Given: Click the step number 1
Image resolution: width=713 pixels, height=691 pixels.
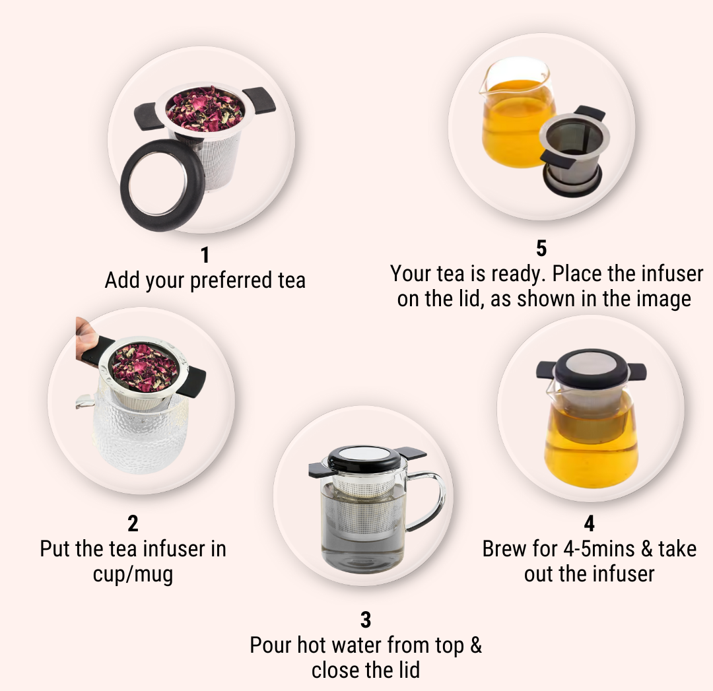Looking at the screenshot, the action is [x=205, y=255].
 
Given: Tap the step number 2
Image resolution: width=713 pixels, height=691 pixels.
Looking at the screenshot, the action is [x=133, y=524].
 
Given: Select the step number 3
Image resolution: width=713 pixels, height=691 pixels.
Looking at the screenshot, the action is [x=366, y=620].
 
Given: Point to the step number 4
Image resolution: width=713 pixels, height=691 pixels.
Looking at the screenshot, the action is [x=590, y=524].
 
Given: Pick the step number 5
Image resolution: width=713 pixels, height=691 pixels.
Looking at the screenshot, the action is [x=541, y=249].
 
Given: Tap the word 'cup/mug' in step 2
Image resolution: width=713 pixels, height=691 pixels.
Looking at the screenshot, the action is [x=133, y=574].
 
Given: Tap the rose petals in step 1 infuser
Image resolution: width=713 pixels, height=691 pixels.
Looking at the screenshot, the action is [x=205, y=109].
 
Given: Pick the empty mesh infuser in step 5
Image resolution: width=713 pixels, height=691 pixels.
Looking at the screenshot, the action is [x=574, y=150].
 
